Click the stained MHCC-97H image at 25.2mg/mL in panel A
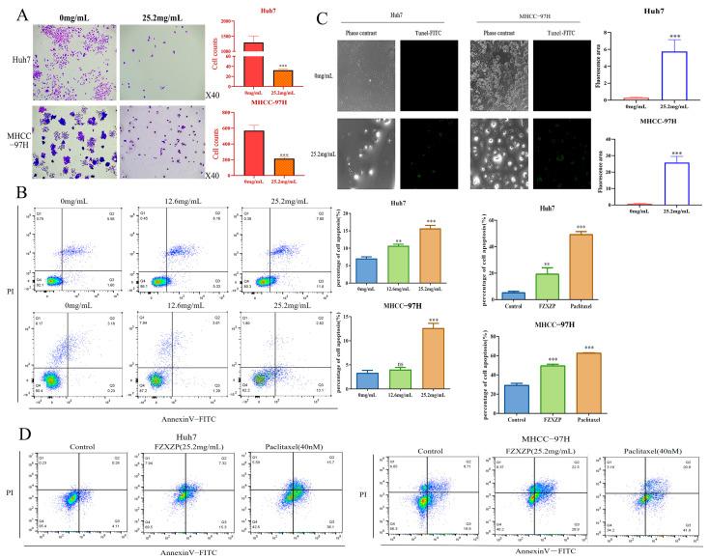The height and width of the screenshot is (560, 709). click(157, 145)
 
